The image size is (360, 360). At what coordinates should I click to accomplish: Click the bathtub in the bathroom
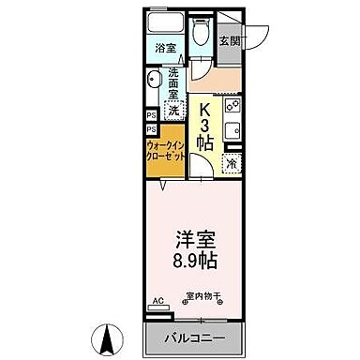(164, 22)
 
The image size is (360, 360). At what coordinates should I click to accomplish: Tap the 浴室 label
(164, 45)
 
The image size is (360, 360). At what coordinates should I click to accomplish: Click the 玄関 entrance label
(230, 41)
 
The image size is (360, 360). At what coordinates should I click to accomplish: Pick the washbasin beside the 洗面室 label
(154, 87)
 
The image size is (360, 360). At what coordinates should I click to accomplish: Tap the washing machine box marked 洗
(173, 109)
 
